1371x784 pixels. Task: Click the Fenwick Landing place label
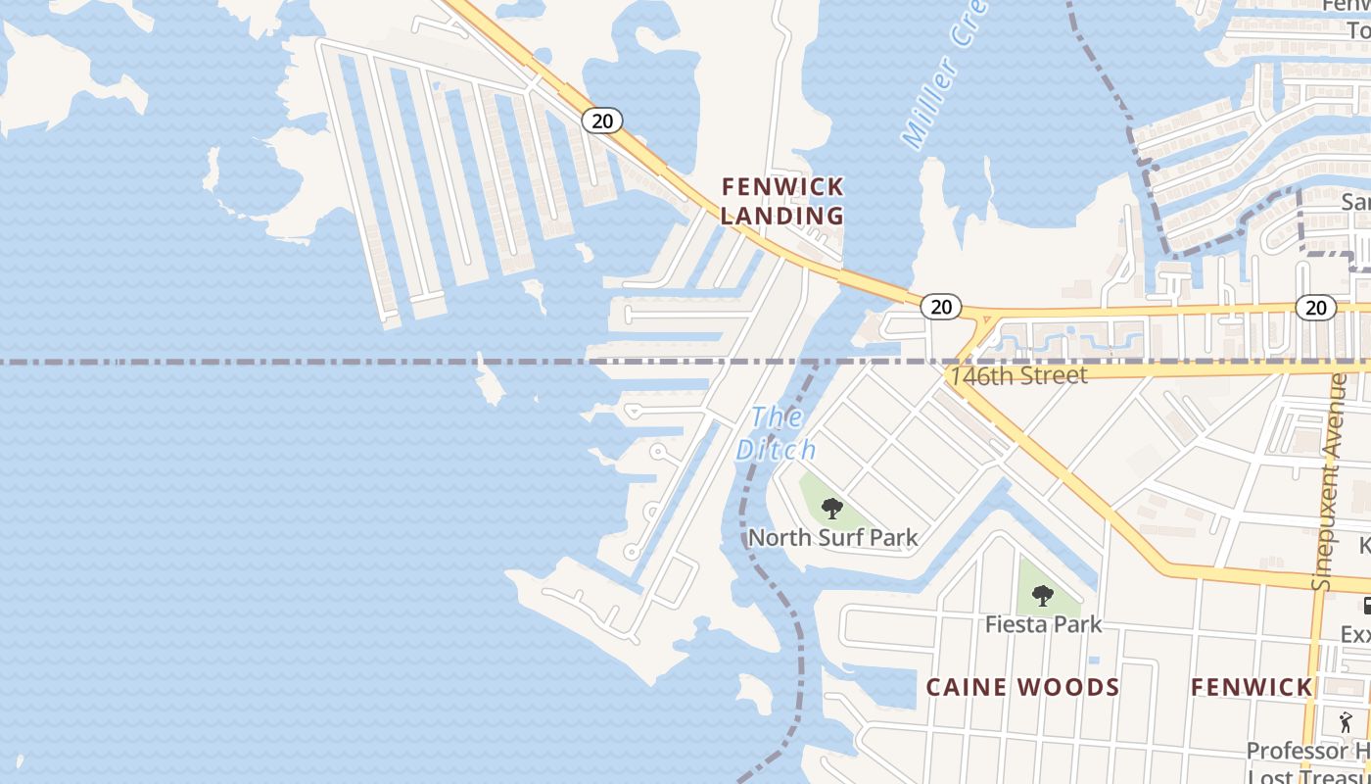coord(782,201)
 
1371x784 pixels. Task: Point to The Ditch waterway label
coord(777,433)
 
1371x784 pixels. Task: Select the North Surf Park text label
coord(833,537)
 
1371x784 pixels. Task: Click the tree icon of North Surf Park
coord(832,508)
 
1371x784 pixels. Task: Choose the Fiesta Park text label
coord(1043,624)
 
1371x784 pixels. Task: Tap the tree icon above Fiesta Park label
coord(1043,595)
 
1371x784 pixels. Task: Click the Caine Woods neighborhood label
coord(1022,687)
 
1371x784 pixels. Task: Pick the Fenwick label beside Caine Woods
coord(1251,687)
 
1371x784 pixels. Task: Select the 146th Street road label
coord(1017,375)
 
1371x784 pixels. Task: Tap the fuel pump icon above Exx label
coord(1366,607)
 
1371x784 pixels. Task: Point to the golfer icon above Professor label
coord(1347,722)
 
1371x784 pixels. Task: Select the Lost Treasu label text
coord(1308,773)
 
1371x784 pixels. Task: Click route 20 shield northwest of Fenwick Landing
coord(601,121)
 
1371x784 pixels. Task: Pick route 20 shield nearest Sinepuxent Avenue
coord(1315,308)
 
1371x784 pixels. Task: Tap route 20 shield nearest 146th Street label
coord(940,308)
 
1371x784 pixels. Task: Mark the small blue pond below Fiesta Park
coord(1094,660)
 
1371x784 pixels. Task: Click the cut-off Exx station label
coord(1355,635)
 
